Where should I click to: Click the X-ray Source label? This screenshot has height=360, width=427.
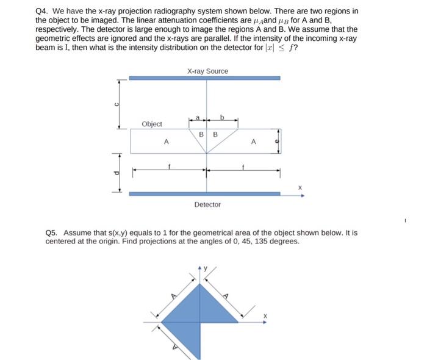[x=207, y=71]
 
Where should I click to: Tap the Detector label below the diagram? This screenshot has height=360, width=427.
[x=207, y=204]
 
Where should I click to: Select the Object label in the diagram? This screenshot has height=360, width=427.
[x=152, y=124]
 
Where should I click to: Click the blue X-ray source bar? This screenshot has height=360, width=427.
[x=204, y=78]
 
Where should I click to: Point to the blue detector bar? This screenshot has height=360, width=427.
[x=204, y=193]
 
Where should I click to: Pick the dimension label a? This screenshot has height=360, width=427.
[x=198, y=117]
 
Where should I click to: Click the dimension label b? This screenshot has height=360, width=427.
[x=222, y=117]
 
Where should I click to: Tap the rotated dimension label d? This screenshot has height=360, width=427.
[x=115, y=173]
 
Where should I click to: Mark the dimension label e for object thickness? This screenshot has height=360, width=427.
[x=276, y=141]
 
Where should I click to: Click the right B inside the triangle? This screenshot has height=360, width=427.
[x=215, y=134]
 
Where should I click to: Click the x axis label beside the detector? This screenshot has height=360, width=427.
[x=299, y=187]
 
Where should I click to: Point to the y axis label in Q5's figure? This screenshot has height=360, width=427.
[x=206, y=267]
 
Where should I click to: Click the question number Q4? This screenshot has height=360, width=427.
[x=41, y=11]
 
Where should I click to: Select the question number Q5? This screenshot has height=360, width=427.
[x=51, y=232]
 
